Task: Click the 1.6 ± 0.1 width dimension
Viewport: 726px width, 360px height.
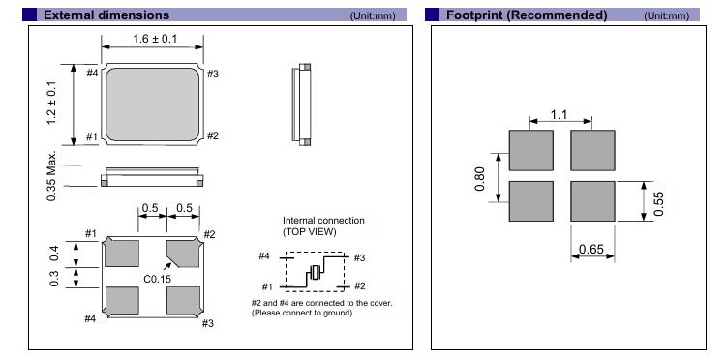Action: (x=155, y=39)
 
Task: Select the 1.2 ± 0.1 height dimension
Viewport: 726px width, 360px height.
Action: (x=52, y=103)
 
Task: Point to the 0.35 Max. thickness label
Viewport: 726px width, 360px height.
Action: (x=51, y=176)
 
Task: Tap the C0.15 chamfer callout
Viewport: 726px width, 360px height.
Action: (x=158, y=279)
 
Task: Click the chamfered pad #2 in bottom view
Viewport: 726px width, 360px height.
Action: (x=184, y=254)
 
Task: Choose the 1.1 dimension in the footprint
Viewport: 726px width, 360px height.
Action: (x=559, y=114)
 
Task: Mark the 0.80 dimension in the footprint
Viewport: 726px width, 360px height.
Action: (x=480, y=179)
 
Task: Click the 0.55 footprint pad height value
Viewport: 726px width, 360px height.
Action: (x=658, y=203)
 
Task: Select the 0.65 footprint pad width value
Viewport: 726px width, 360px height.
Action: (x=591, y=250)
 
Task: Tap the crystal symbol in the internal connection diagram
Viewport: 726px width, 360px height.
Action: (x=316, y=272)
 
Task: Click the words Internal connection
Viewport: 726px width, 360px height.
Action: (x=323, y=221)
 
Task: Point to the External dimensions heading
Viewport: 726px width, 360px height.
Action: (x=106, y=15)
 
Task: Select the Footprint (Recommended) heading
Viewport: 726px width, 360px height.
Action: (x=527, y=15)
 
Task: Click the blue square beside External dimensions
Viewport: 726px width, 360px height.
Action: (x=30, y=15)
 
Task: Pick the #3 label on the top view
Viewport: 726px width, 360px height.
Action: (x=213, y=74)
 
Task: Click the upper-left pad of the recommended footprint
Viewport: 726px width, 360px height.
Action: (x=531, y=150)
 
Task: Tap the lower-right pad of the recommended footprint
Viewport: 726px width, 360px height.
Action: (x=592, y=201)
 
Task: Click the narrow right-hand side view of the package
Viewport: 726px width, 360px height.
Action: (x=301, y=105)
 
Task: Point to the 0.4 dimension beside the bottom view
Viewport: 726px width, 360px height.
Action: (x=54, y=254)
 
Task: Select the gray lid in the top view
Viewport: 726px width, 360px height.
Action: (x=152, y=105)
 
